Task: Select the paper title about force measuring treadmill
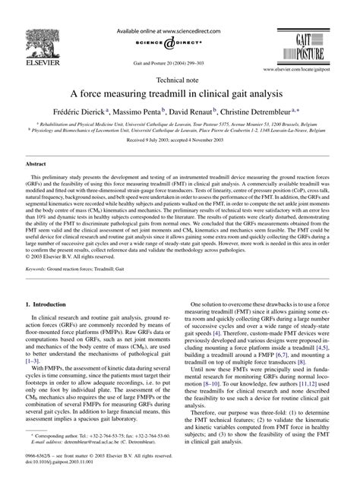[x=179, y=93]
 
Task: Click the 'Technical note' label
[x=179, y=78]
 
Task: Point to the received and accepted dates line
[x=179, y=140]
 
